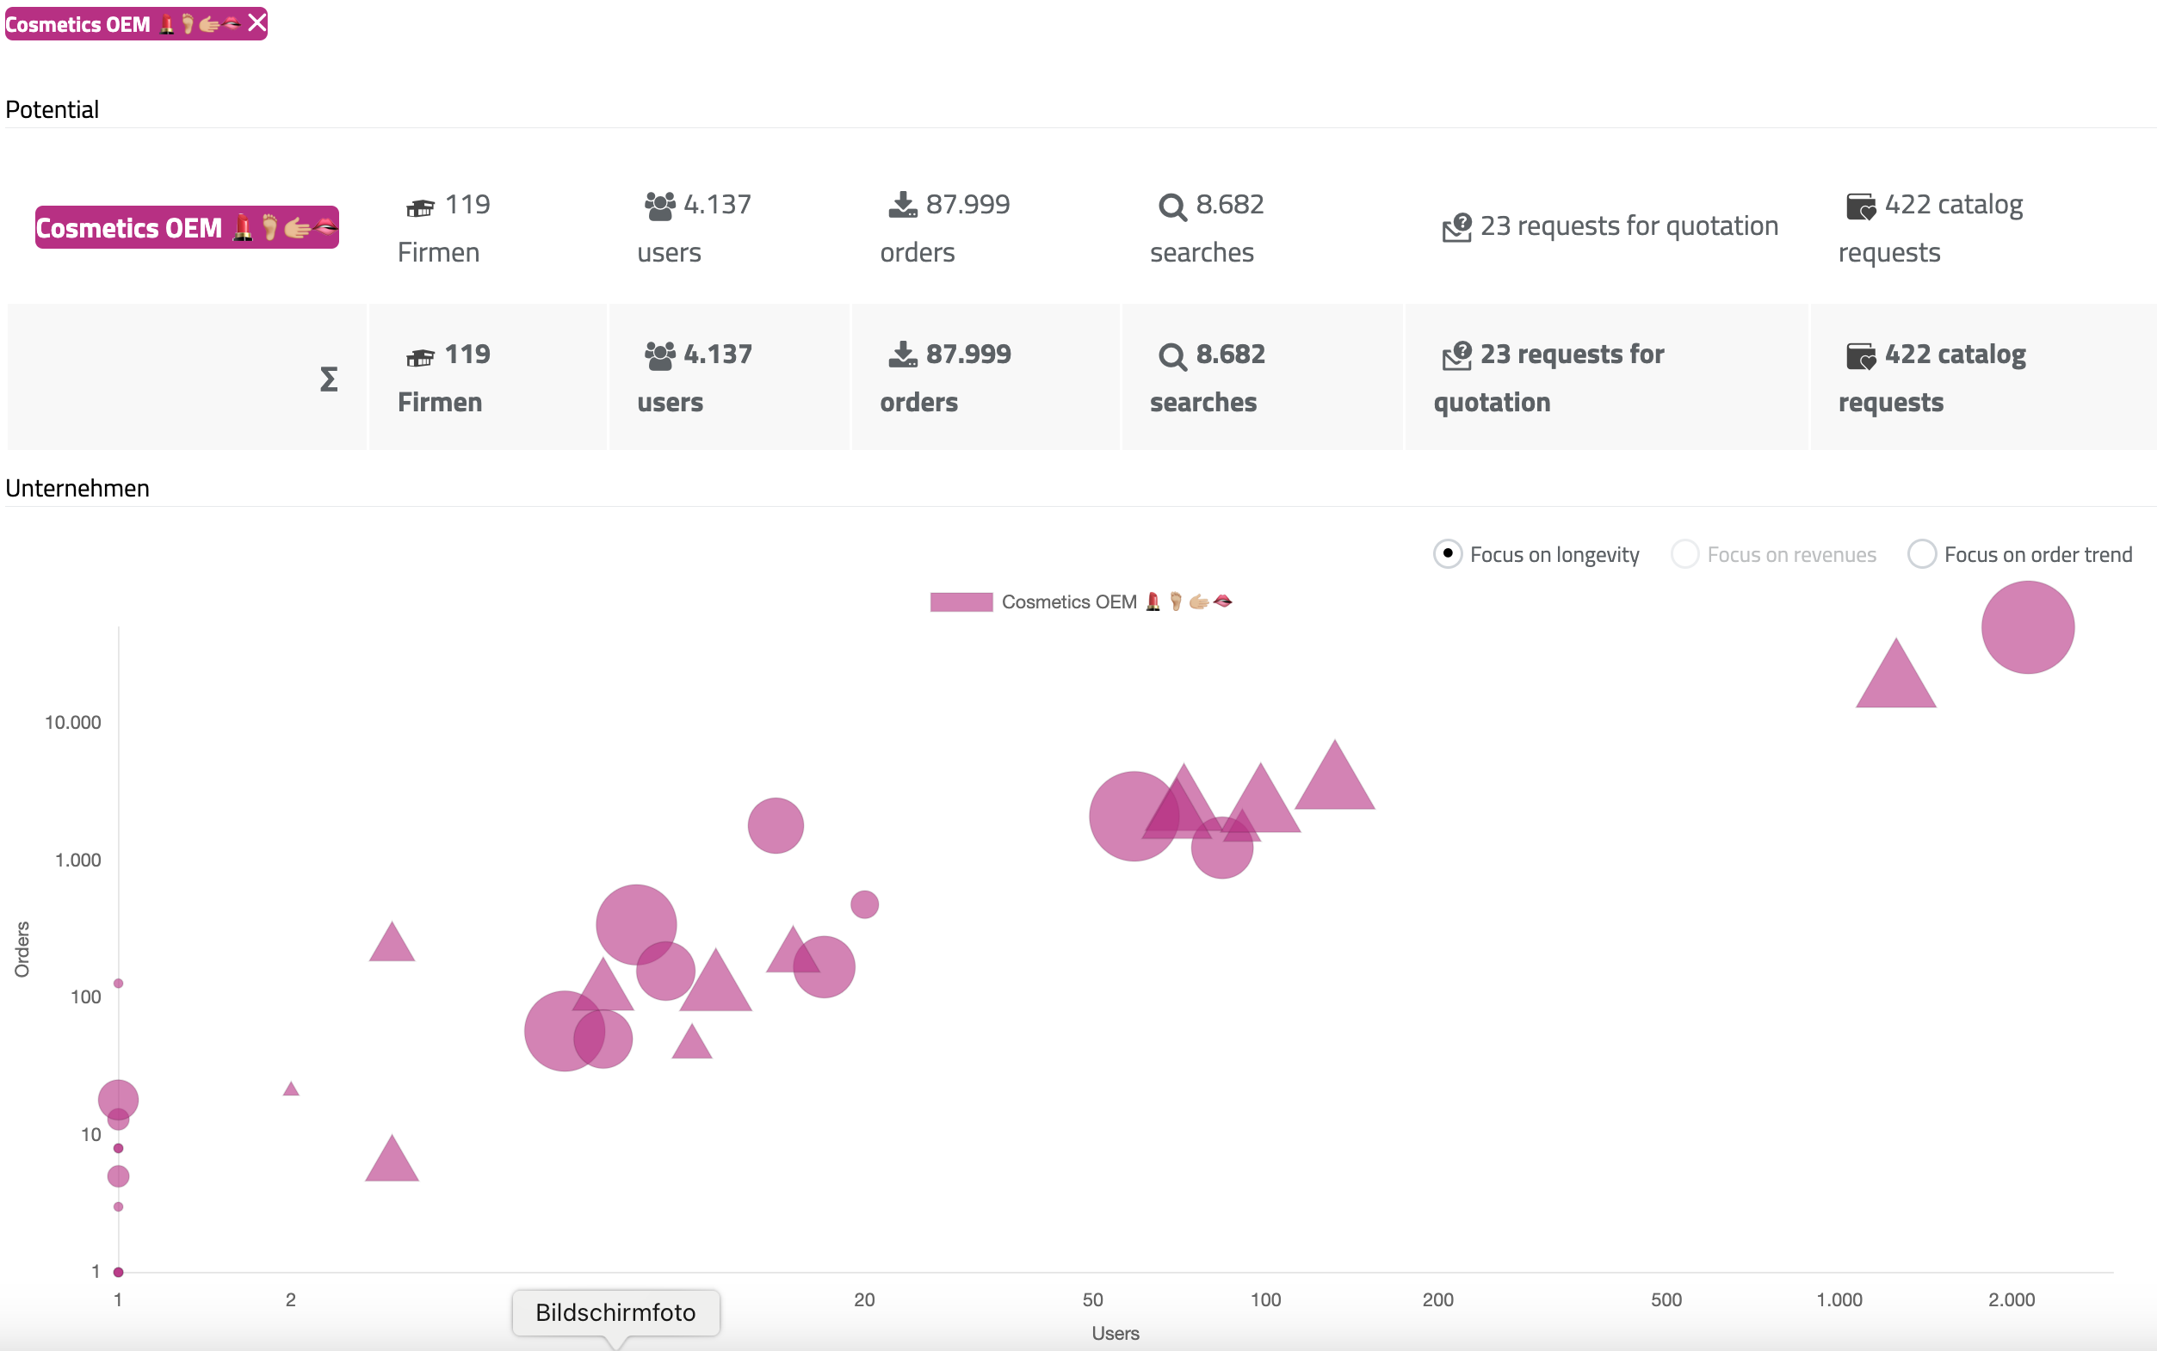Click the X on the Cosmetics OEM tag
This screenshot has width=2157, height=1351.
point(256,22)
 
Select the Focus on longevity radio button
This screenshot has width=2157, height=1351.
point(1447,554)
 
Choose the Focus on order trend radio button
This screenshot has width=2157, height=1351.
point(1921,554)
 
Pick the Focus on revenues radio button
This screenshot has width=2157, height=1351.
point(1684,554)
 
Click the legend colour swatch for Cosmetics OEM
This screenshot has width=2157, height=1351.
point(961,602)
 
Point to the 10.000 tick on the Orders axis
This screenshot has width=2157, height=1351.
point(72,722)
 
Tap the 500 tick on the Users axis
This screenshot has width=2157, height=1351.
point(1666,1299)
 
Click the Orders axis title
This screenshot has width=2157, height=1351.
point(22,949)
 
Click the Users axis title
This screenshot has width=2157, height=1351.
point(1115,1333)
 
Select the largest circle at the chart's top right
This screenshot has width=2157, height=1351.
point(2026,627)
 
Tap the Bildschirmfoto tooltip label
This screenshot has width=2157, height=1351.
point(615,1311)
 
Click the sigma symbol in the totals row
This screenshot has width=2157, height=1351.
point(329,379)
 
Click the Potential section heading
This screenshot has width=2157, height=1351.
point(52,110)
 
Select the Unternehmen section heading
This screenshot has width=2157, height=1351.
point(77,489)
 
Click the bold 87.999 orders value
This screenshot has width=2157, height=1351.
point(967,355)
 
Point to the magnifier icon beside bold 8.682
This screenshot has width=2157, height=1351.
point(1171,357)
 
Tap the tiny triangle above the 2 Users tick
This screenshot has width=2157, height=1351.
point(290,1089)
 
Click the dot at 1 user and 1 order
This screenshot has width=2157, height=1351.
point(118,1272)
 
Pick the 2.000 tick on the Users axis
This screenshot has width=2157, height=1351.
point(2011,1299)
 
